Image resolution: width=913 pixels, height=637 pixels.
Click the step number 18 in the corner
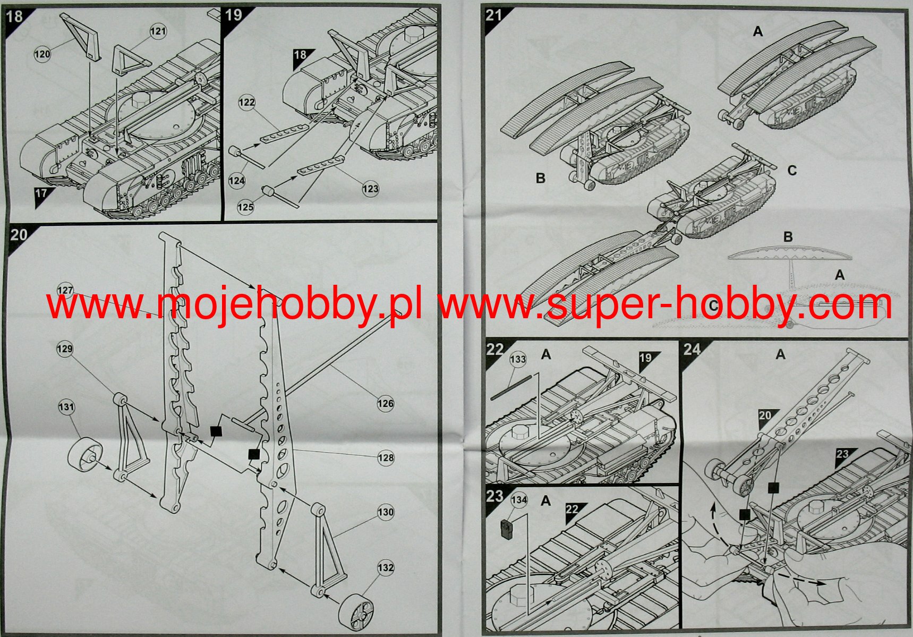tap(14, 16)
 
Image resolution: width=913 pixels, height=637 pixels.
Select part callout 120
tap(42, 54)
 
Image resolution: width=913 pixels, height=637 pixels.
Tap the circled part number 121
tap(158, 31)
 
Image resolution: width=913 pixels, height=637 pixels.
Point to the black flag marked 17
tap(41, 194)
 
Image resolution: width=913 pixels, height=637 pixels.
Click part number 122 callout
tap(246, 103)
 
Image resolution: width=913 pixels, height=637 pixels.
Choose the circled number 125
tap(245, 207)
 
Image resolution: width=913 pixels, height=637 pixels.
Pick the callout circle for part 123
tap(370, 189)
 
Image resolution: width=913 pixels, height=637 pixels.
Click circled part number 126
tap(386, 404)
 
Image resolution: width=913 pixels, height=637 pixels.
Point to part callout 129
tap(65, 349)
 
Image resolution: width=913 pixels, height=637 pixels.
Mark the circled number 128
tap(386, 458)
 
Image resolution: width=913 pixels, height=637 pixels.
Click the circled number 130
tap(386, 513)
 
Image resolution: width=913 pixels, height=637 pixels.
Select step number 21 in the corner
tap(494, 15)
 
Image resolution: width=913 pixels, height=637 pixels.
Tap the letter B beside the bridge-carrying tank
tap(540, 178)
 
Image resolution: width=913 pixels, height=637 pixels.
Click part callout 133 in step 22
tap(518, 360)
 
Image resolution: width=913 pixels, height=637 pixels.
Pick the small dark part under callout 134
tap(507, 530)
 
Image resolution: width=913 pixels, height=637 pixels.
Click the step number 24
tap(692, 350)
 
